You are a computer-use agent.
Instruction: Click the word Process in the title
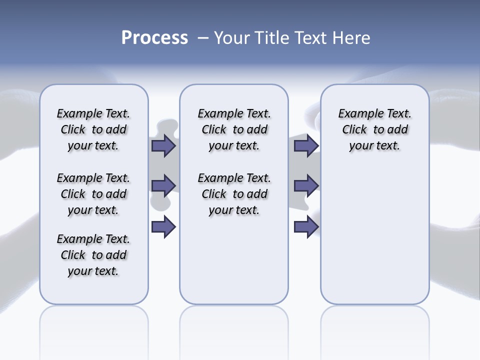click(x=154, y=38)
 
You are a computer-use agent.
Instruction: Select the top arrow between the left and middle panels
click(x=163, y=146)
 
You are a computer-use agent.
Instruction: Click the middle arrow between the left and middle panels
click(x=163, y=185)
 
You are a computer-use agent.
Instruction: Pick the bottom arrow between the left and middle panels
click(x=163, y=227)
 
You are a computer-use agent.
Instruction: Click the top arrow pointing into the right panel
click(x=306, y=146)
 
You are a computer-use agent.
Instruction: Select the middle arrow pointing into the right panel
click(x=306, y=185)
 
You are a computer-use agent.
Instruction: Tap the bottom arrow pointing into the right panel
click(x=306, y=227)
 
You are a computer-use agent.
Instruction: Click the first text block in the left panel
click(x=93, y=129)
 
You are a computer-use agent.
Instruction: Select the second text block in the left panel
click(x=93, y=194)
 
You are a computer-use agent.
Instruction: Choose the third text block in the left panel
click(x=93, y=255)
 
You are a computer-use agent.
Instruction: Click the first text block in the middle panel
click(x=234, y=129)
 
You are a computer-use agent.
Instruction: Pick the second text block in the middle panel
click(x=234, y=194)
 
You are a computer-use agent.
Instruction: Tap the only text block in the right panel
click(x=375, y=129)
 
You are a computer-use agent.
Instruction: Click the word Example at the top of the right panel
click(x=357, y=113)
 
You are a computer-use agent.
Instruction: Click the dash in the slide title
click(x=203, y=38)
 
